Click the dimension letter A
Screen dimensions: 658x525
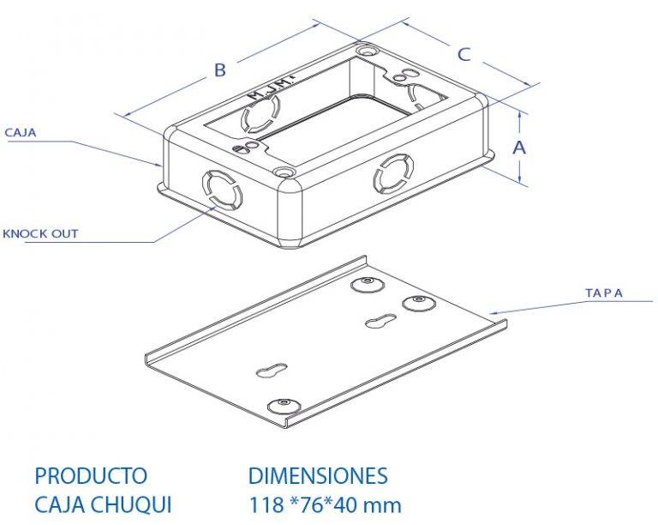[519, 148]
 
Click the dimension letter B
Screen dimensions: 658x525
[220, 70]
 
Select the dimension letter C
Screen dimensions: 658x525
[464, 55]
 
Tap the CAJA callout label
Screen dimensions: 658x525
[21, 133]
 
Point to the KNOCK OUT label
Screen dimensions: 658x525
[40, 233]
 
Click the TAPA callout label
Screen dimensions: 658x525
[604, 293]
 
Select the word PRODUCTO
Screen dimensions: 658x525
[91, 476]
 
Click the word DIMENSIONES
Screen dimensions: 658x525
[318, 476]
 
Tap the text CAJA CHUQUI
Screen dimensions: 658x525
[103, 504]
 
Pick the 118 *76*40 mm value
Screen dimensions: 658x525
[326, 504]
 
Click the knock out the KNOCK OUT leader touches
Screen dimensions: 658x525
[223, 190]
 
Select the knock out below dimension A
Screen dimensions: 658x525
[392, 173]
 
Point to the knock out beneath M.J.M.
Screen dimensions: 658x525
[260, 112]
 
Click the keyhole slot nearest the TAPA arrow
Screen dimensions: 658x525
[380, 322]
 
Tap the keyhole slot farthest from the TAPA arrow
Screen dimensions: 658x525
[272, 370]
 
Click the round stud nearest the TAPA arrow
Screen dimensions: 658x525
[419, 303]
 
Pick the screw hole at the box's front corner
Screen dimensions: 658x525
[284, 172]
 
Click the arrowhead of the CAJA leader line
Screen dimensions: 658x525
[158, 165]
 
